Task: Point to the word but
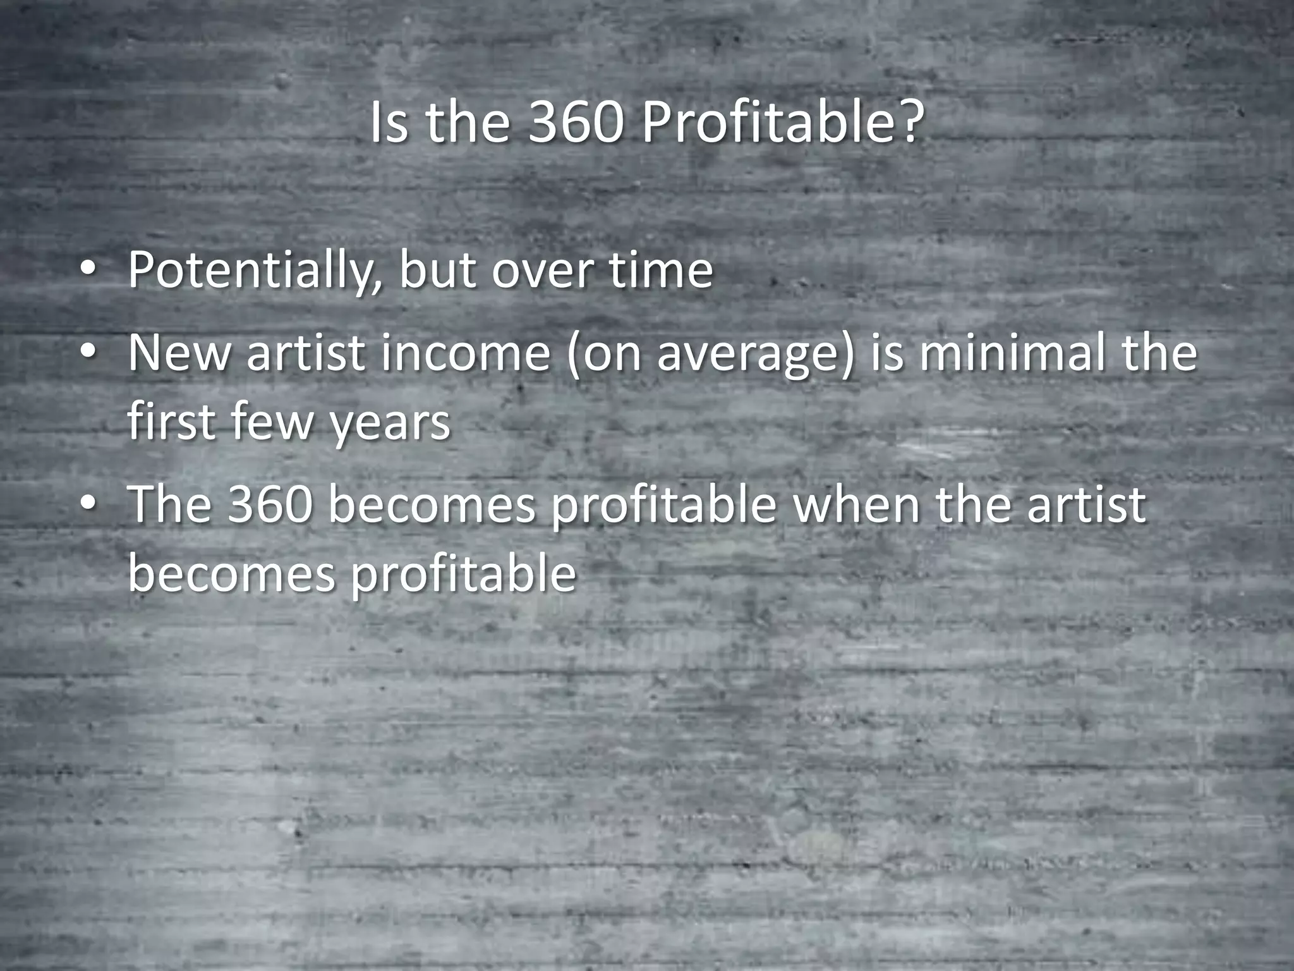pyautogui.click(x=437, y=271)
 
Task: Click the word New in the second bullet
pyautogui.click(x=179, y=353)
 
